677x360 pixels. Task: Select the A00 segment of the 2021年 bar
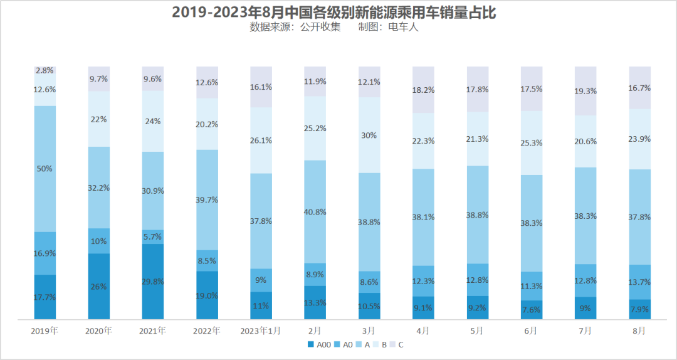point(153,282)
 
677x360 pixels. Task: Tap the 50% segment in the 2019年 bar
point(45,169)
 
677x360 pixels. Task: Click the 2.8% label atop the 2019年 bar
point(45,71)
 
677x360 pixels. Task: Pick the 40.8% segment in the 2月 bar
point(315,212)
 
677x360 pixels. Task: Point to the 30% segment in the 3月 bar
point(369,135)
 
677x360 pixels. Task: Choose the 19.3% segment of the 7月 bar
point(585,91)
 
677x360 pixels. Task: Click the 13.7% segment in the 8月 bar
point(639,282)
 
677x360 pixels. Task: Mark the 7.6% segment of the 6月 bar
point(532,309)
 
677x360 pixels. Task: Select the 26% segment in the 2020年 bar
point(99,287)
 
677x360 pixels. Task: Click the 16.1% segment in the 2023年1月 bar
point(261,87)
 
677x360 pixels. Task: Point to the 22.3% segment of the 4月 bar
point(423,141)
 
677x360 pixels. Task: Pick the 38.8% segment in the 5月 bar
point(478,214)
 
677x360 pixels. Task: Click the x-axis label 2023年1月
point(261,331)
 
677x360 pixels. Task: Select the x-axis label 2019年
point(45,331)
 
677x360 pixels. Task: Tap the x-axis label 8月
point(639,331)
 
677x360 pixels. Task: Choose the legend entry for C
point(397,344)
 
